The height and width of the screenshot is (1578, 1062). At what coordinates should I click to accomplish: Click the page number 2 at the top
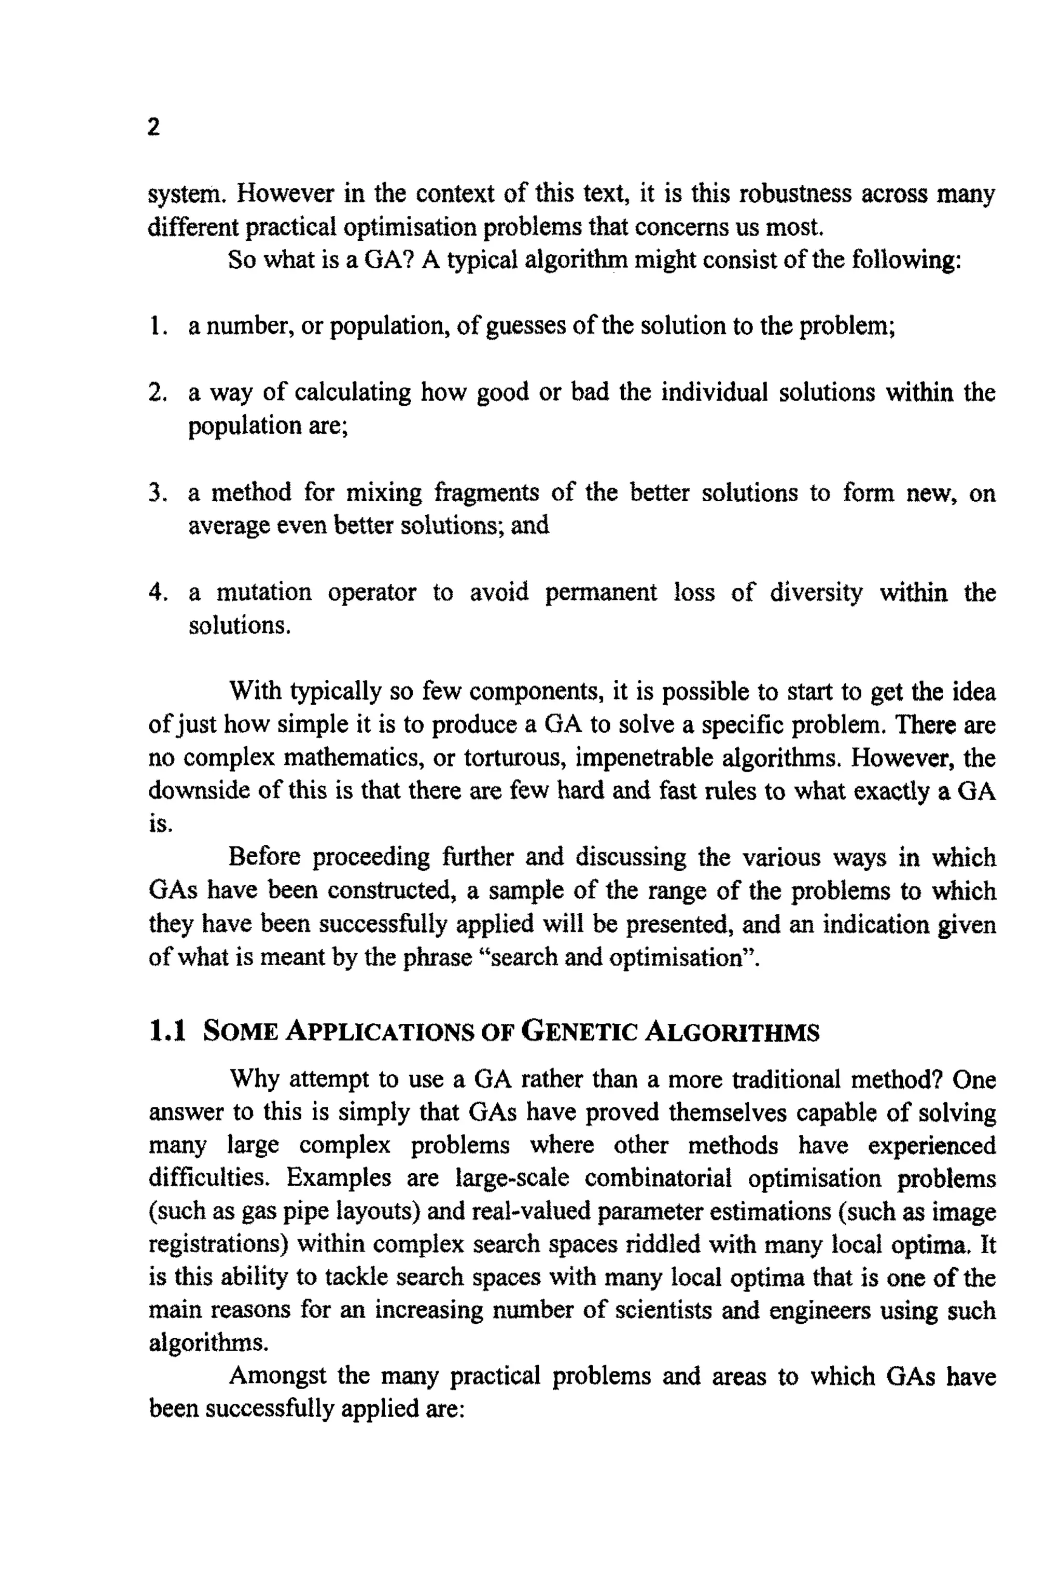coord(153,127)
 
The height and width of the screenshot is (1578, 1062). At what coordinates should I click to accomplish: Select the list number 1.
coord(157,326)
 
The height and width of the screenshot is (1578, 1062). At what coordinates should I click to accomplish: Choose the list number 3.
coord(157,492)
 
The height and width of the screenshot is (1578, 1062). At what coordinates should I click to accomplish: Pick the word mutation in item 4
coord(263,593)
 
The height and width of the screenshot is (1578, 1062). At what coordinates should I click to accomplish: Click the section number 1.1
coord(166,1032)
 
